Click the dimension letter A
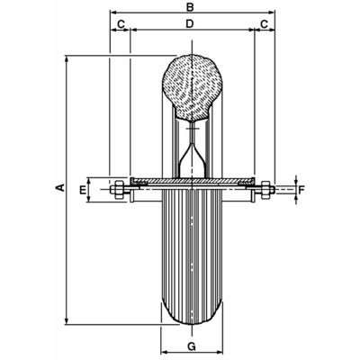click(x=60, y=188)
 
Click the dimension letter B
click(x=190, y=6)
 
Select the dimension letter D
click(x=189, y=23)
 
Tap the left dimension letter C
click(x=121, y=24)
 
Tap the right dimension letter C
click(x=264, y=24)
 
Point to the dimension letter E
click(x=83, y=189)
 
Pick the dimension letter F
click(x=301, y=189)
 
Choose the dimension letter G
click(x=192, y=346)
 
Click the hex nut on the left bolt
click(x=118, y=189)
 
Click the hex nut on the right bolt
click(x=265, y=189)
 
